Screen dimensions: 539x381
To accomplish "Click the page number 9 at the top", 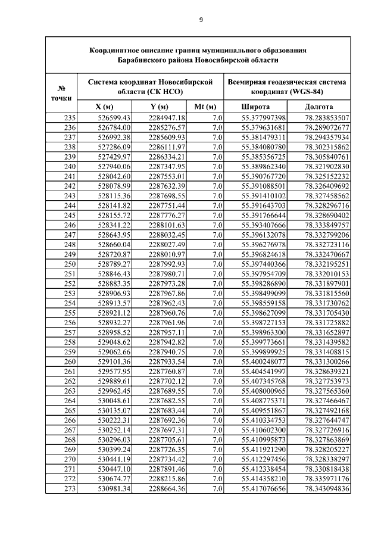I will (x=201, y=20).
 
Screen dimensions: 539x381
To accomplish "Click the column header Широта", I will (x=255, y=107).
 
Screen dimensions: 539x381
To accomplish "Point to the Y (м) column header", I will (x=161, y=107).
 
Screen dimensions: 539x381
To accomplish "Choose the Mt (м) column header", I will (x=205, y=107).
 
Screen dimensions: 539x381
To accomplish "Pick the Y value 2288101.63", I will (x=167, y=225).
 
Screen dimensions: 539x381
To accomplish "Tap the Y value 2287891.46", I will (x=167, y=470).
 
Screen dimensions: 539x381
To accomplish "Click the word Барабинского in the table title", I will (x=144, y=60).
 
